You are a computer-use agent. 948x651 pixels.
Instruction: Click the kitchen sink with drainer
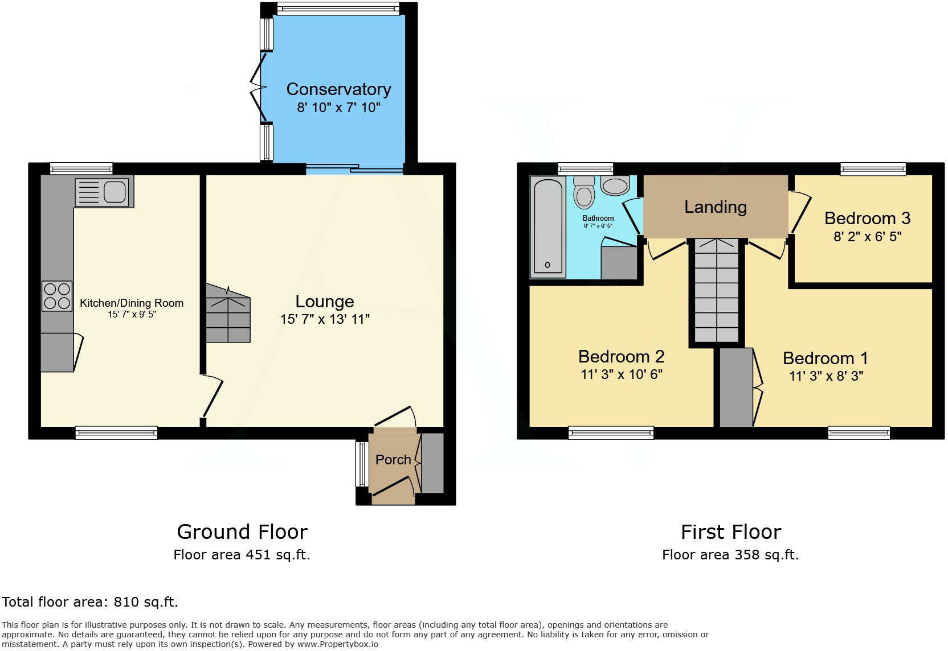104,192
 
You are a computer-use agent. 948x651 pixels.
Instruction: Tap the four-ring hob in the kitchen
57,296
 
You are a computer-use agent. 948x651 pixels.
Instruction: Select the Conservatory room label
338,89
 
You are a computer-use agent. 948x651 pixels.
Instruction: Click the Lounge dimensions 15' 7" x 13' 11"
325,319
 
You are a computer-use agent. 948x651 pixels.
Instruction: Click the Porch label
393,460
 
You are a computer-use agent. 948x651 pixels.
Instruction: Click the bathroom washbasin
615,186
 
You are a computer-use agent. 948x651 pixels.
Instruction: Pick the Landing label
716,207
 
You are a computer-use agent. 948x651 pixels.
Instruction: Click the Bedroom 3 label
867,219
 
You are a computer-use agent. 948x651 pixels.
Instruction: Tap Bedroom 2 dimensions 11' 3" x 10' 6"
622,374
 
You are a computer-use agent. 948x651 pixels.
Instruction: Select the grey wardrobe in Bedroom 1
736,387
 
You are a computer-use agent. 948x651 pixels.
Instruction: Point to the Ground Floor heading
242,532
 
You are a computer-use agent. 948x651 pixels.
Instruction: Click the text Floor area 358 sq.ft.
730,555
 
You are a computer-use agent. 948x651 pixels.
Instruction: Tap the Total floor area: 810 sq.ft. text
90,602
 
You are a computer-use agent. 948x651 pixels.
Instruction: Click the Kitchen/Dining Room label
132,303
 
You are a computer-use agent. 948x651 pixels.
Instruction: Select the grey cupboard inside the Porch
432,463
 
